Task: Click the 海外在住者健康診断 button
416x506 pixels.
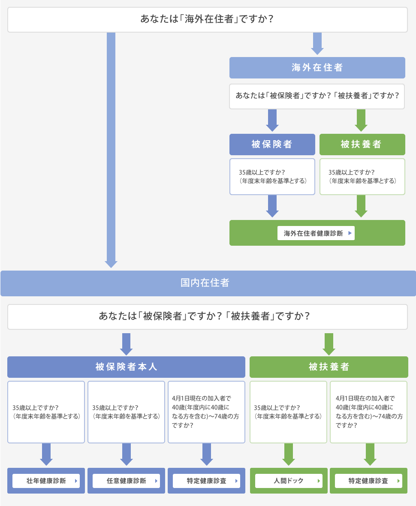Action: point(316,233)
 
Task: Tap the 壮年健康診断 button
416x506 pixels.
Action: point(46,481)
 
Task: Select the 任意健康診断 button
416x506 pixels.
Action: point(126,481)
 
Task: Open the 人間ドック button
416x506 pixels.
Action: point(289,481)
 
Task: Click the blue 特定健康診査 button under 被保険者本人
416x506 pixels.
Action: point(207,481)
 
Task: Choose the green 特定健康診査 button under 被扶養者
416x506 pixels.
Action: point(368,481)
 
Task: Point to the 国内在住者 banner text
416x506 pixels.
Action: point(205,283)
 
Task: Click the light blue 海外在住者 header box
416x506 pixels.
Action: point(317,68)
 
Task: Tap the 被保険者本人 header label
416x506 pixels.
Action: point(126,367)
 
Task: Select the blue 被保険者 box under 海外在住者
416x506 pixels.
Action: point(272,144)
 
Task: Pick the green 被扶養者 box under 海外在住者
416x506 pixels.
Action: point(362,144)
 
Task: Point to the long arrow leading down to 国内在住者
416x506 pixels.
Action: point(111,150)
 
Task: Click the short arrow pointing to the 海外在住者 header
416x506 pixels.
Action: point(317,44)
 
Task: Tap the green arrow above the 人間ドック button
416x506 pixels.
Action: point(289,455)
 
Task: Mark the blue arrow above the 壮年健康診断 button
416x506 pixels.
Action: point(46,455)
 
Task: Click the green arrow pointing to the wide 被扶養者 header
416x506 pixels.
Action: point(329,344)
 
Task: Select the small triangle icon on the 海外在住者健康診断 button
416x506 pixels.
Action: point(350,233)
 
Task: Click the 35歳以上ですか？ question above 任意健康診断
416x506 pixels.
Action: point(126,412)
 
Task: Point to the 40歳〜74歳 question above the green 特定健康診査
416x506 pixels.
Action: point(368,412)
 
